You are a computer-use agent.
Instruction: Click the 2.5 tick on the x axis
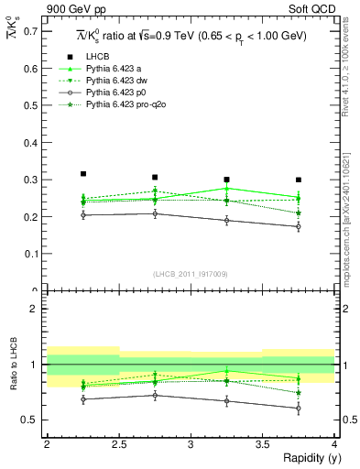pos(119,444)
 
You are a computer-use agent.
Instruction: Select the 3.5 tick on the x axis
pos(263,444)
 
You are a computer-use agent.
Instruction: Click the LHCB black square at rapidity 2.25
pos(83,173)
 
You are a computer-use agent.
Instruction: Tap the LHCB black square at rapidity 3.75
pos(299,180)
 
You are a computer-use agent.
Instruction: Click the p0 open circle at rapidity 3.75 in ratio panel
pos(299,409)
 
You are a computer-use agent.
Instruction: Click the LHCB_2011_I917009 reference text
pos(191,273)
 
